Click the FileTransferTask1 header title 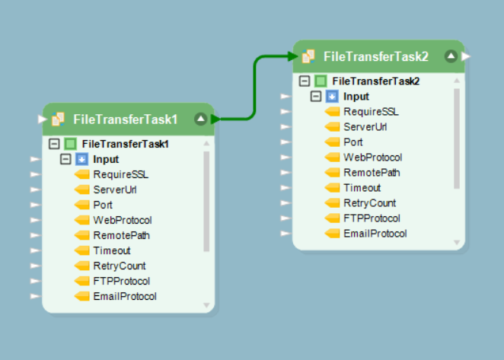pos(125,119)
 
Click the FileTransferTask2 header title pos(375,56)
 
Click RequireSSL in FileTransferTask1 pos(121,174)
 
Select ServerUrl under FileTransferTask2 pos(365,127)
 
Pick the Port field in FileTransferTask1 pos(103,205)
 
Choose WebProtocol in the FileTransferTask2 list pos(372,158)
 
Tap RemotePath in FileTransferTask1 pos(121,235)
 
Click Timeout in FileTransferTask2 pos(362,188)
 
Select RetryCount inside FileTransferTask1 pos(120,266)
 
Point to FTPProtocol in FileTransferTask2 pos(372,218)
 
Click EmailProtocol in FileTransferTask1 pos(125,296)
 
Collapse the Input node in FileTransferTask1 pos(65,159)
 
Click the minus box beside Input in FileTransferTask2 pos(315,97)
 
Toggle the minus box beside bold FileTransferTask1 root pos(54,144)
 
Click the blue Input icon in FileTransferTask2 pos(331,97)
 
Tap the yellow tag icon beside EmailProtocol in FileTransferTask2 pos(332,234)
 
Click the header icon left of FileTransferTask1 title pos(57,119)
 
